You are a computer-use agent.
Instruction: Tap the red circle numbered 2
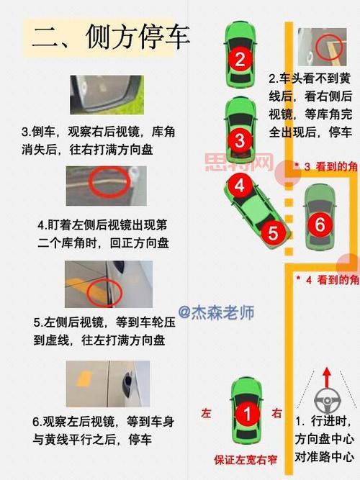click(240, 58)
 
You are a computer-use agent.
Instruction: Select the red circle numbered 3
click(240, 138)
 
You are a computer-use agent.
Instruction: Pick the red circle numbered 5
click(273, 232)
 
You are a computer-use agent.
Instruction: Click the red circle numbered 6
click(320, 224)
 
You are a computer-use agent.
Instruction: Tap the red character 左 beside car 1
click(207, 414)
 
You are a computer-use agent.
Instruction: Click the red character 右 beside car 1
click(277, 414)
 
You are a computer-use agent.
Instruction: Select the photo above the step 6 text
click(107, 384)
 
